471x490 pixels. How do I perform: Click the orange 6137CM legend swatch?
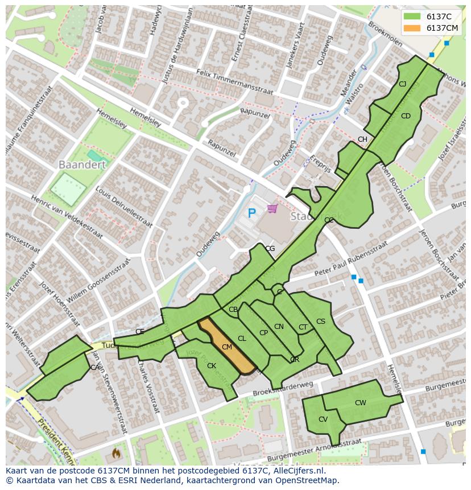pos(413,28)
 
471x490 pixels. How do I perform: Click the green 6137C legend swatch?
pos(413,17)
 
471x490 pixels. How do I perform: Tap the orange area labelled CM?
pos(227,347)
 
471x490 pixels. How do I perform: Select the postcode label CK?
pos(211,366)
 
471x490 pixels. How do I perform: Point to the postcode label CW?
pos(360,403)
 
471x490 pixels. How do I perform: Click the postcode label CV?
pos(323,419)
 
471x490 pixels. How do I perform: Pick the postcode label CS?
pos(320,322)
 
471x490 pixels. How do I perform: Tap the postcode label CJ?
pos(402,84)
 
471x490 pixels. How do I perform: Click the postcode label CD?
pos(405,116)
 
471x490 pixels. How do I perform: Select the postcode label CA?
pos(94,368)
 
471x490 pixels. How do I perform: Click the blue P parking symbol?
pos(252,213)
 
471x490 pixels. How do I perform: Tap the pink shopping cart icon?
pos(272,209)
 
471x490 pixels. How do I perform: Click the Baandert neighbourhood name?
pos(82,164)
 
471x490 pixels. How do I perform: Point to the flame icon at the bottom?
pos(116,453)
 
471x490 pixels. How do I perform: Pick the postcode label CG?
pos(270,249)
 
